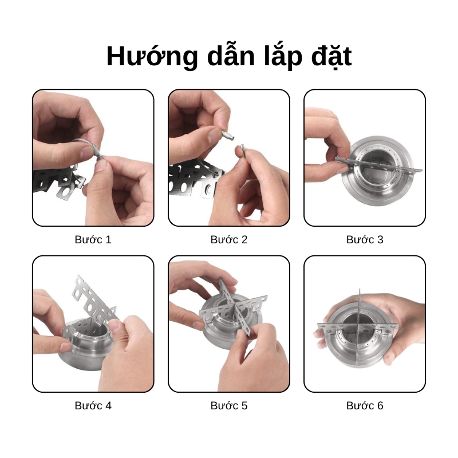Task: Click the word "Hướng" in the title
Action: click(152, 56)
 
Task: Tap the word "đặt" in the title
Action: click(331, 56)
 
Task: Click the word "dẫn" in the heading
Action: click(231, 56)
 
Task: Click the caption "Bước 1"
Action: click(93, 239)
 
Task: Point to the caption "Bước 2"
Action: click(229, 239)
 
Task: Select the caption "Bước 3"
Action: click(365, 239)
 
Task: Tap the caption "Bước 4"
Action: click(93, 405)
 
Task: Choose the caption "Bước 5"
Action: click(229, 405)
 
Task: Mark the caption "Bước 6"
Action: click(365, 405)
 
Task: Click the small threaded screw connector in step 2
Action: click(228, 135)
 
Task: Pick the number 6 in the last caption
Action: click(380, 405)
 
